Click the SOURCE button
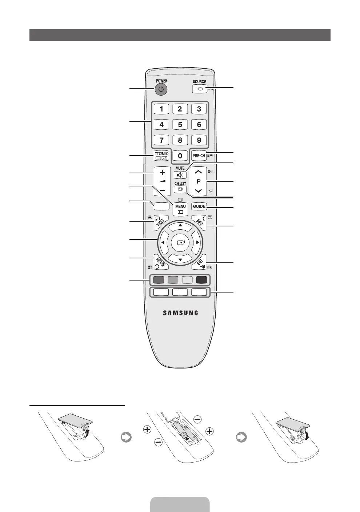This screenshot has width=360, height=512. click(x=199, y=89)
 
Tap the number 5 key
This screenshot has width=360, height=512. click(x=180, y=125)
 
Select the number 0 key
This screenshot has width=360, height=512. click(x=180, y=156)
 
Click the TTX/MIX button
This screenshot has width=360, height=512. click(x=161, y=156)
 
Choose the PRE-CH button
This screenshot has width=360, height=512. click(x=199, y=156)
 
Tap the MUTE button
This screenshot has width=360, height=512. click(x=180, y=175)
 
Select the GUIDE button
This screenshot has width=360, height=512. click(x=199, y=206)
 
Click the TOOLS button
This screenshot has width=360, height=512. click(x=161, y=222)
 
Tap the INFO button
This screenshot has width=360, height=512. click(x=199, y=222)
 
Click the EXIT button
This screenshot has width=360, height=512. click(x=199, y=261)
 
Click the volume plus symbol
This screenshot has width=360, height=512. click(x=162, y=173)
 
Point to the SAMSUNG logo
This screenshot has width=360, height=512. click(x=180, y=313)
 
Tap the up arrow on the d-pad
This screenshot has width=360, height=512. click(x=180, y=225)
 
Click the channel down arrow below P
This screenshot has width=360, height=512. click(x=198, y=190)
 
